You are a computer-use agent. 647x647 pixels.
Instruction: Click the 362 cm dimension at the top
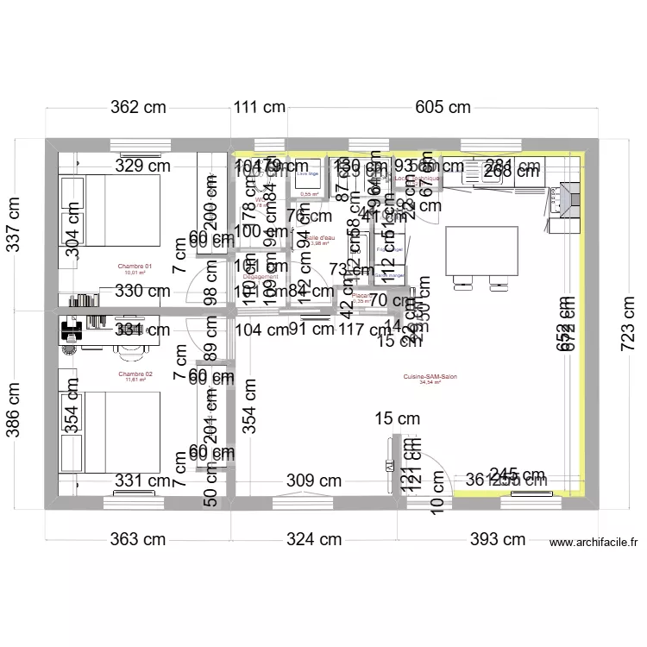(137, 108)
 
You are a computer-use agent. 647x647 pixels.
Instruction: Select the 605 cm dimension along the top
(443, 108)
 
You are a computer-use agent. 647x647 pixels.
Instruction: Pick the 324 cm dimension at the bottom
(314, 540)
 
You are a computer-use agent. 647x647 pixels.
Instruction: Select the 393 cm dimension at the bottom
(497, 540)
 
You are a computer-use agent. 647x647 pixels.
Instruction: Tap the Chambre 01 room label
(135, 267)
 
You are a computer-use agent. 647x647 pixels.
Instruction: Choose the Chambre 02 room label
(135, 374)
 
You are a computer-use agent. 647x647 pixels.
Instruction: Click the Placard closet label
(361, 296)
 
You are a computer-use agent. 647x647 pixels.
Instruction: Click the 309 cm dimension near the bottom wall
(314, 481)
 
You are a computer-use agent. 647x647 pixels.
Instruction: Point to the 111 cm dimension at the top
(259, 108)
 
